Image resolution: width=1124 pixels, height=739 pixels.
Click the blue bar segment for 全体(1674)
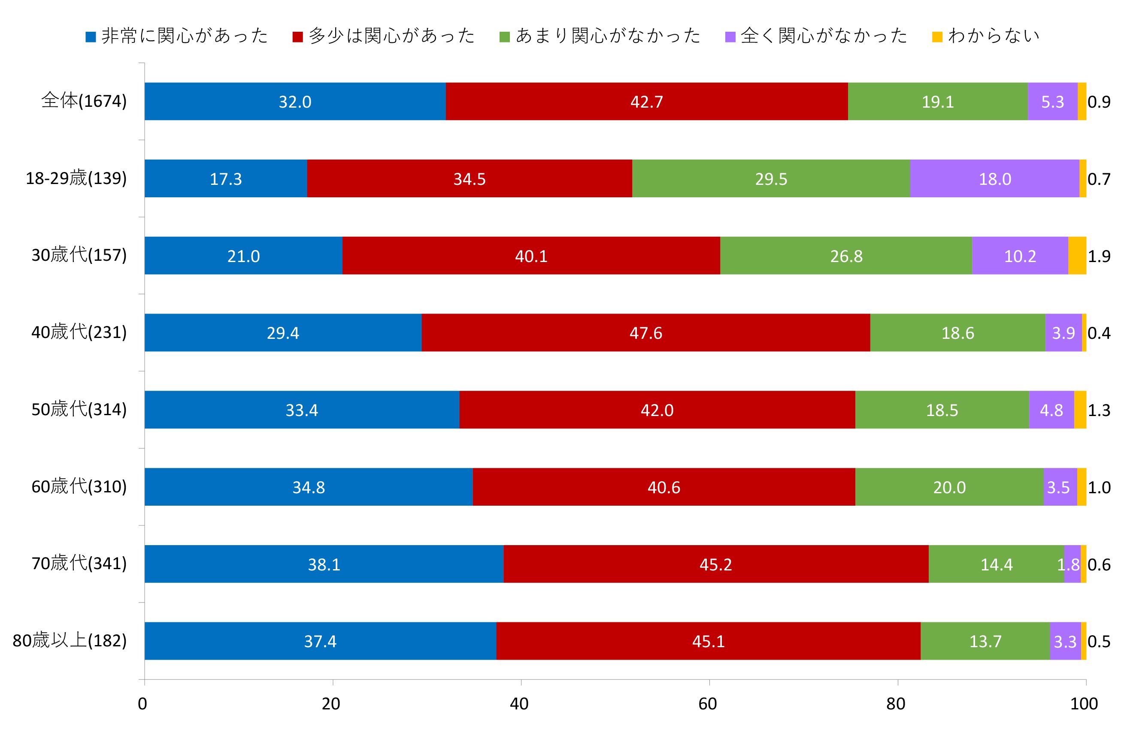click(295, 102)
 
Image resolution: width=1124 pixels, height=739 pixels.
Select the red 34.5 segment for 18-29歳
click(469, 178)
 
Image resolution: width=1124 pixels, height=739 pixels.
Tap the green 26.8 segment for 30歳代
click(846, 255)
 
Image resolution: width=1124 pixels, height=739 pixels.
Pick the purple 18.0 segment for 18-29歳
click(994, 178)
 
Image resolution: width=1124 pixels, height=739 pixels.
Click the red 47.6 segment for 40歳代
click(645, 333)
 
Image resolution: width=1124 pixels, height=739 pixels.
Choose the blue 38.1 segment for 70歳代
click(324, 564)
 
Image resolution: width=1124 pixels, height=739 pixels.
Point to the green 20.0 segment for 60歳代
click(949, 486)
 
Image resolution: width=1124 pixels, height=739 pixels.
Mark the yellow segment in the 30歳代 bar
click(1077, 255)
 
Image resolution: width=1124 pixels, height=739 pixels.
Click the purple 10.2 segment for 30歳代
click(1020, 255)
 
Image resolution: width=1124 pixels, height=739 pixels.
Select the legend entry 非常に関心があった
click(177, 36)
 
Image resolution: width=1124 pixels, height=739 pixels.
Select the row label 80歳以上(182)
click(70, 641)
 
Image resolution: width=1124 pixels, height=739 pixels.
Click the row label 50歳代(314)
click(79, 410)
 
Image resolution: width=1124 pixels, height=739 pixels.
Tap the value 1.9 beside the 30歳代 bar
click(1099, 256)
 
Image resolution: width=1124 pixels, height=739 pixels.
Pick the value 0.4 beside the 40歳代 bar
click(1099, 333)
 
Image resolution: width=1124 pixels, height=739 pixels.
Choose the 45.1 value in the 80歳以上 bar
click(708, 641)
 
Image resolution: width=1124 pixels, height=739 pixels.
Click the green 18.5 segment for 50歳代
click(942, 410)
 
